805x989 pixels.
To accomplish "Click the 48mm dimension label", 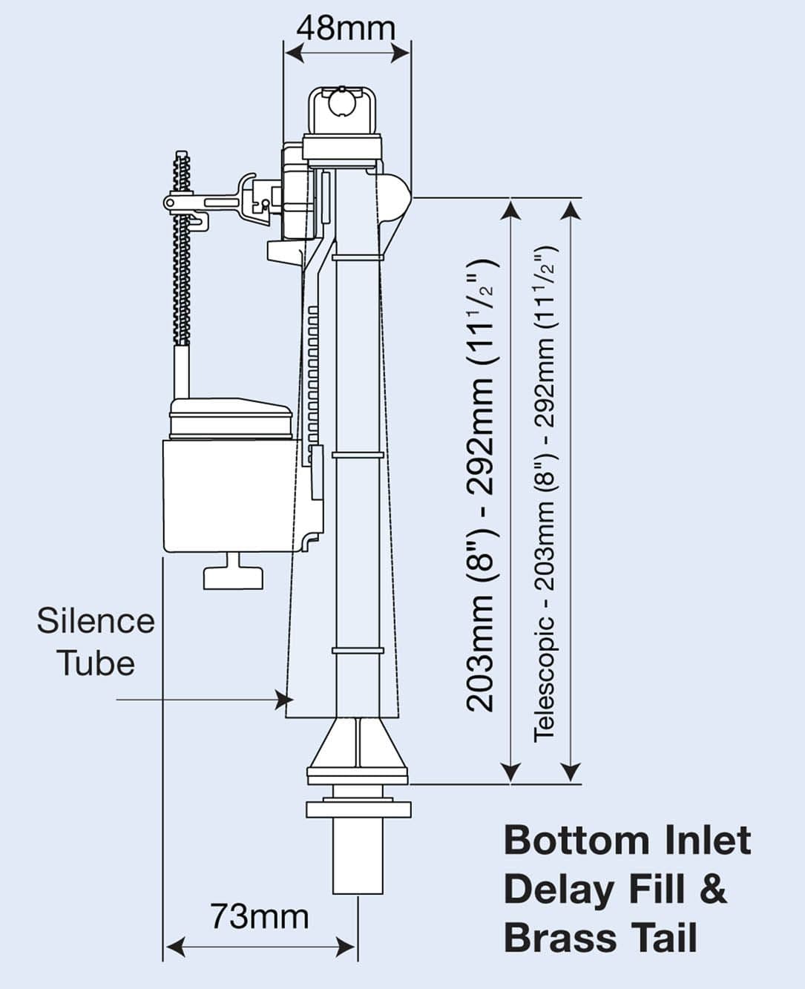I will click(x=346, y=28).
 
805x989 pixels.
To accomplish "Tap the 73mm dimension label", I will click(x=259, y=916).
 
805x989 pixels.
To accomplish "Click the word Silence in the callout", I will click(x=96, y=621).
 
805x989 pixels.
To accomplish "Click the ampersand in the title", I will click(x=713, y=889).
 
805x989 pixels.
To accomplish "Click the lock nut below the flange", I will click(x=358, y=808).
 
